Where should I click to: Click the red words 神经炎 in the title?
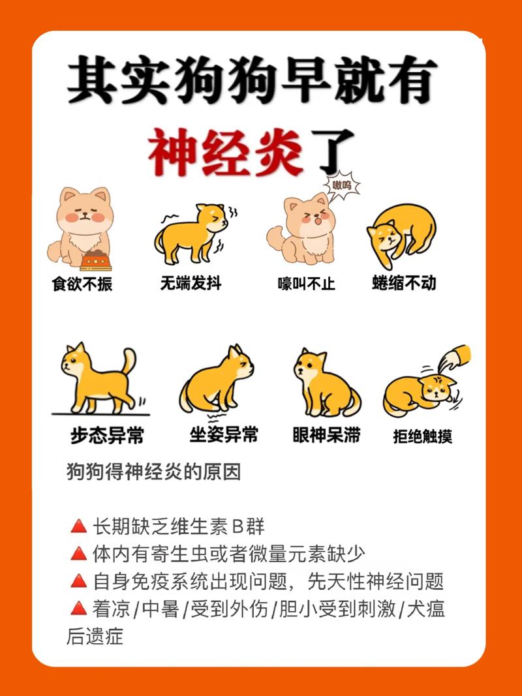(225, 153)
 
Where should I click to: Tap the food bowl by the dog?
(95, 260)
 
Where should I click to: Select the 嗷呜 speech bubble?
(342, 186)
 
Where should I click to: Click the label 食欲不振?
(82, 285)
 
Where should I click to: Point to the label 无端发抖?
(191, 284)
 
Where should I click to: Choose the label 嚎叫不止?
(306, 284)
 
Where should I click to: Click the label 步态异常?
(107, 436)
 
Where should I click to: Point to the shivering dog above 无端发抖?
(192, 233)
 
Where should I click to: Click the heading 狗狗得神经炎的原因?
(154, 472)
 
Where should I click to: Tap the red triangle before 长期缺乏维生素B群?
(78, 526)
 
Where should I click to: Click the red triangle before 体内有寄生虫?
(78, 554)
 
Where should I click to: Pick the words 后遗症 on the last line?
(95, 637)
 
